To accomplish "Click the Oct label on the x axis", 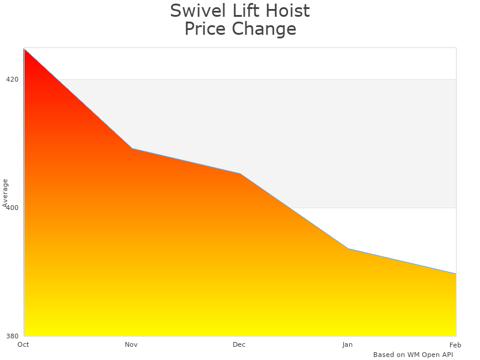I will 23,344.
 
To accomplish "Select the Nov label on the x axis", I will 131,344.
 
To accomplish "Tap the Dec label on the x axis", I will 239,344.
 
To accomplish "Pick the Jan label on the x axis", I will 347,344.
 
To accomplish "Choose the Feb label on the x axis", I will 455,344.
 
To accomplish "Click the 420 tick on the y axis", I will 12,79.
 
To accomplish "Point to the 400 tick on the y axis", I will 12,208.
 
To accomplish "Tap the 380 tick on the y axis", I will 12,336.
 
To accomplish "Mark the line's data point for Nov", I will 132,148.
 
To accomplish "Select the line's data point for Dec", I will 240,174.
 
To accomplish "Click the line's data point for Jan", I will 348,248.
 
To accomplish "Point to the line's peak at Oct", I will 25,49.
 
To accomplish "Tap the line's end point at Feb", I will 455,274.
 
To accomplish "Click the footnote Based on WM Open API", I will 413,355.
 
